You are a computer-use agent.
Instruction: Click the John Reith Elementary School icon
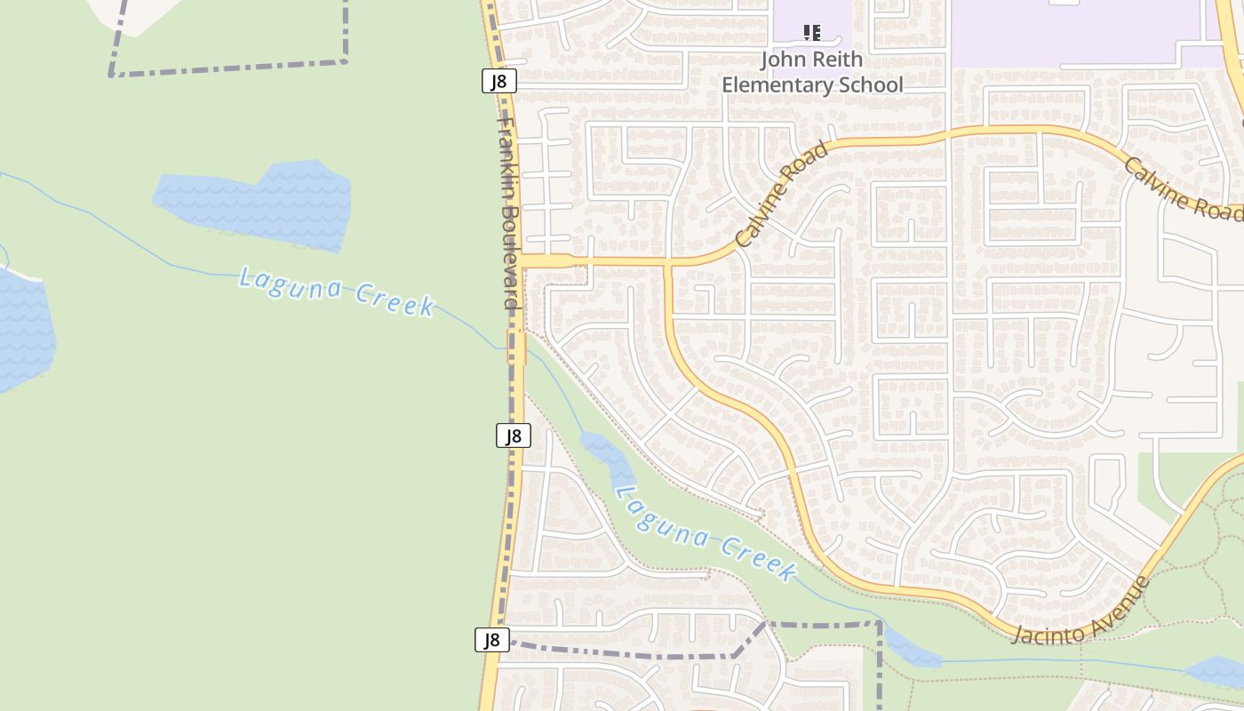click(811, 33)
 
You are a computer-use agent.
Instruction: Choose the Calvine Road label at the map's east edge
click(1182, 188)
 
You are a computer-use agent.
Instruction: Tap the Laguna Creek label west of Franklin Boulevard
click(337, 291)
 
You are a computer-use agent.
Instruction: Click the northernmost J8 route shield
click(499, 82)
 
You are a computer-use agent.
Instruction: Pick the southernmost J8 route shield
click(492, 640)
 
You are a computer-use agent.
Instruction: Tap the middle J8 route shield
click(513, 435)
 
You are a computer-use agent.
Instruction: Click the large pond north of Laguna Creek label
click(258, 203)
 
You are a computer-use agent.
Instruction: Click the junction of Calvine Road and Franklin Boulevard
click(522, 260)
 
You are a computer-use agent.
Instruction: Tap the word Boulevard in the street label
click(508, 258)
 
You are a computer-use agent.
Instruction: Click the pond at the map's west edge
click(23, 329)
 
